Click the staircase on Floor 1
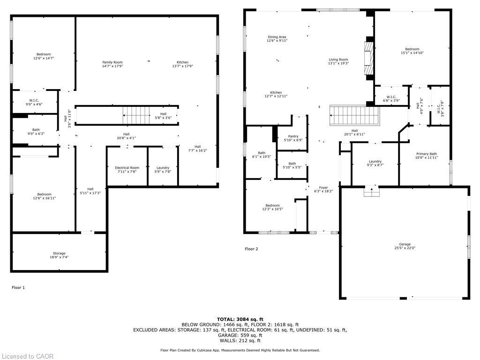coord(136,114)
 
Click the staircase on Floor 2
coord(354,113)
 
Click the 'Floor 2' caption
coord(251,249)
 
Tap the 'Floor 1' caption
coord(18,287)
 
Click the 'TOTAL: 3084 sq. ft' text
coord(240,319)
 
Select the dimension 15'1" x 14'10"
coord(412,53)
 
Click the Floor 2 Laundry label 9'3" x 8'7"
coord(375,163)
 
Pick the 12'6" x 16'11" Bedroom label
coord(45,196)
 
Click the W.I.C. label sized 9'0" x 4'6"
coord(34,102)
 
